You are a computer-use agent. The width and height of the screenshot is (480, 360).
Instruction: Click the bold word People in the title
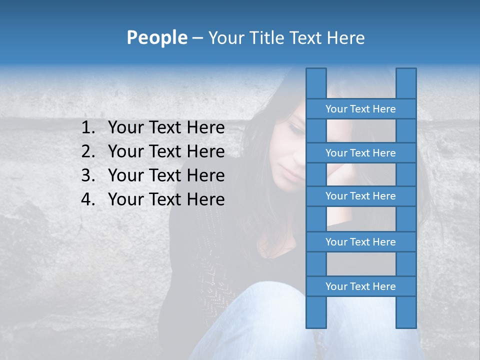point(156,37)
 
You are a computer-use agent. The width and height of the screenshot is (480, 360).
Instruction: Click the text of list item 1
point(166,128)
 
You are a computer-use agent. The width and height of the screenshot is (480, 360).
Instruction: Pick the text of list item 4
point(166,199)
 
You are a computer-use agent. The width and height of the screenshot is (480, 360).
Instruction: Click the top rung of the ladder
point(360,109)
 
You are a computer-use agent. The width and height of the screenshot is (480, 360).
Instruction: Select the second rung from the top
point(360,153)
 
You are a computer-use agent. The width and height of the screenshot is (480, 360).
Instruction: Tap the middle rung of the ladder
point(360,196)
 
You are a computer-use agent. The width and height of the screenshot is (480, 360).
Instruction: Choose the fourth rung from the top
point(360,242)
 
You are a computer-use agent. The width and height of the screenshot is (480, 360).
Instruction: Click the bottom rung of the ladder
point(360,286)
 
